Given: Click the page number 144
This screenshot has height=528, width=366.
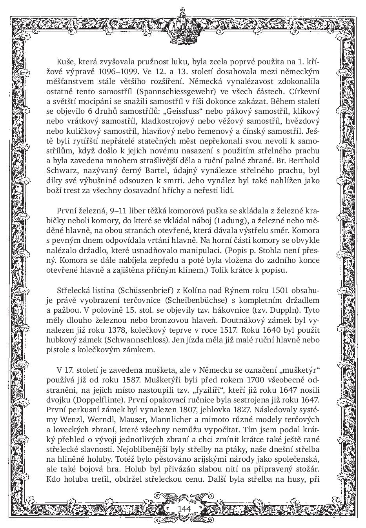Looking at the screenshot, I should click(184, 508).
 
